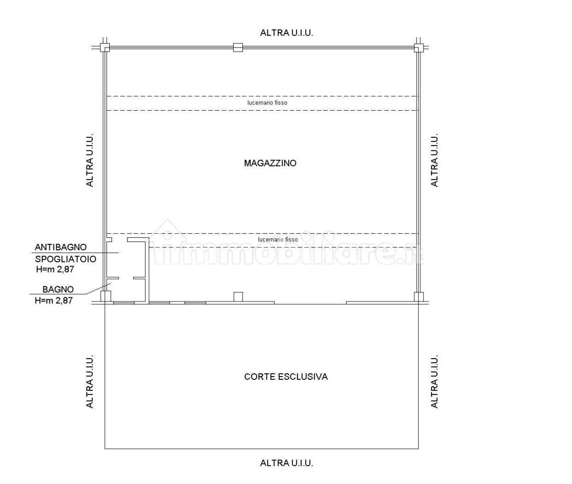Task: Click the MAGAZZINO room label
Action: click(270, 163)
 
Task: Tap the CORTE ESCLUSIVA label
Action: click(286, 377)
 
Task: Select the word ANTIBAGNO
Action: click(60, 247)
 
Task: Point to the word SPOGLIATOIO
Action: click(65, 259)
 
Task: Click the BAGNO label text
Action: click(58, 289)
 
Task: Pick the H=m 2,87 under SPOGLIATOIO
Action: click(55, 269)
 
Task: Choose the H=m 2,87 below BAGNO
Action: click(53, 300)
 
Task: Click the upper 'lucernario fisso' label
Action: click(267, 103)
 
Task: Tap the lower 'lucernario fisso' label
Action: click(278, 239)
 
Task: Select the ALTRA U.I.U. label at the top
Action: click(286, 33)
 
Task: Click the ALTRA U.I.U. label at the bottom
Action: click(286, 463)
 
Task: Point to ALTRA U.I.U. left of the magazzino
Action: click(90, 160)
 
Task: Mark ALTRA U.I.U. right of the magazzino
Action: click(435, 160)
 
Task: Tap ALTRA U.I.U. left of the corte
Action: click(90, 381)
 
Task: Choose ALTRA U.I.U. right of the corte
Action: click(435, 381)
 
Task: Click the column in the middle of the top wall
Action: click(238, 47)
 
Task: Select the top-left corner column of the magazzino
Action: click(105, 47)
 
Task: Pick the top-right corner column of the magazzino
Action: click(419, 47)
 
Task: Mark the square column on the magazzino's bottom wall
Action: click(238, 297)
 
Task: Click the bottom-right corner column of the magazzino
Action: click(419, 297)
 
